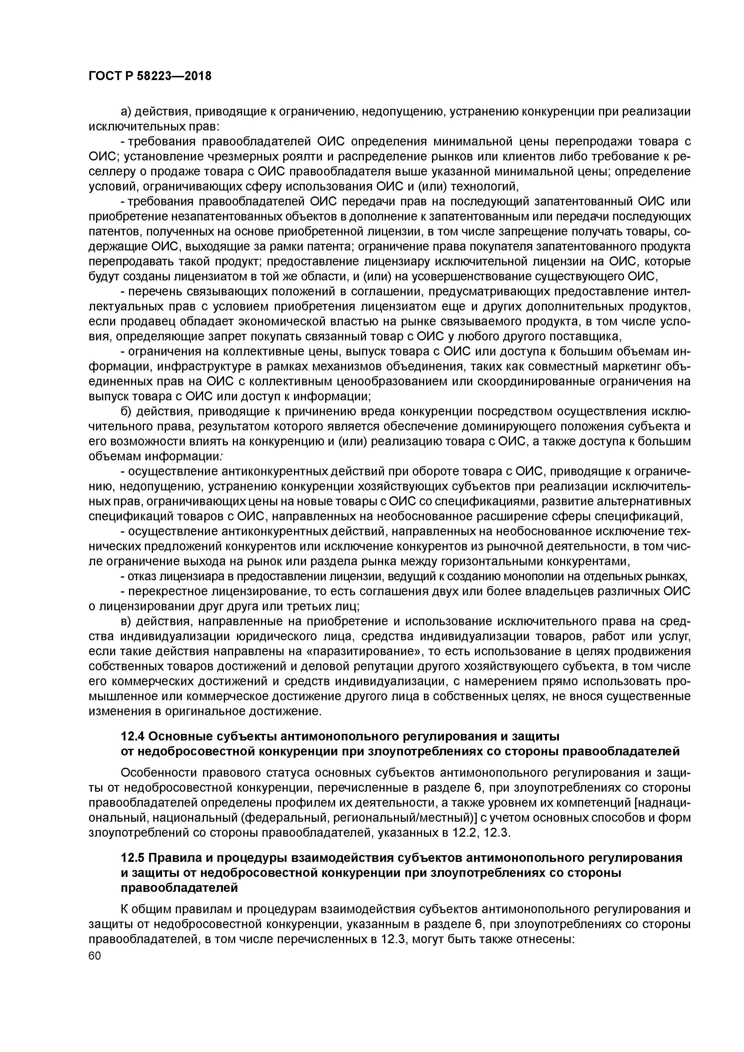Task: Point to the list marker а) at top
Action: coord(127,111)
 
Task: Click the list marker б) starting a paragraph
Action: coord(127,411)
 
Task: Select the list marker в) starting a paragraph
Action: coord(127,622)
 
